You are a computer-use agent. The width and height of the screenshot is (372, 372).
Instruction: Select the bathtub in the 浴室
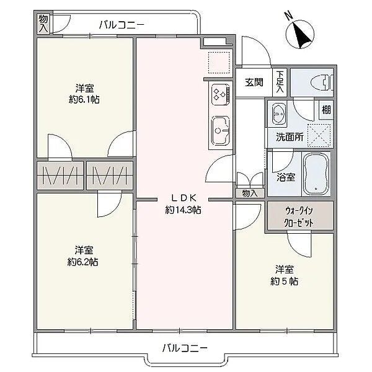pos(317,174)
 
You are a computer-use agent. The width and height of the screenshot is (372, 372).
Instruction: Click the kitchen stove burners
pos(220,94)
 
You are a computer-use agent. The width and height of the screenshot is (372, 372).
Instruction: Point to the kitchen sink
pos(220,130)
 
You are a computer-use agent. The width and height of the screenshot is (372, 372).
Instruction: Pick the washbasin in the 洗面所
pos(278,113)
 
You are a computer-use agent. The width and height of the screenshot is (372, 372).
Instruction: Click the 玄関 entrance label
pos(254,82)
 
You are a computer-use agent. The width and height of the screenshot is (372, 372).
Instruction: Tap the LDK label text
pos(184,198)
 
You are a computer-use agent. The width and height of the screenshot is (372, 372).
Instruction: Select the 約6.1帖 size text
pos(84,99)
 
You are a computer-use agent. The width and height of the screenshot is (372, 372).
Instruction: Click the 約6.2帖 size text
pos(82,262)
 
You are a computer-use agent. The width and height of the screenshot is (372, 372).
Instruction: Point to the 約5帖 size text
pos(284,281)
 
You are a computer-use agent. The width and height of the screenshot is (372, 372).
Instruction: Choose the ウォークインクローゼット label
pos(299,216)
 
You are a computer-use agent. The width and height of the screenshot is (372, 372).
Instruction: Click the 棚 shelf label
pos(326,110)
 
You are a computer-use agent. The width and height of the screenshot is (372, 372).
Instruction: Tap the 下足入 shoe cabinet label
pos(280,82)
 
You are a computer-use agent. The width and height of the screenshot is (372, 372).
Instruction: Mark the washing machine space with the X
pos(319,135)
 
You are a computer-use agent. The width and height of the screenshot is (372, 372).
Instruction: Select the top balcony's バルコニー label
pos(122,25)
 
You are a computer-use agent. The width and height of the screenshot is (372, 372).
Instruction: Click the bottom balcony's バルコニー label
pos(185,348)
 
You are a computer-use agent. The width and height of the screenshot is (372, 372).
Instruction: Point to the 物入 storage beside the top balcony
pos(43,24)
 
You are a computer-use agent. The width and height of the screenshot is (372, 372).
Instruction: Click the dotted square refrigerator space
pos(219,63)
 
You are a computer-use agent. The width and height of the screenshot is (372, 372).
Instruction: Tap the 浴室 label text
pos(286,177)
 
